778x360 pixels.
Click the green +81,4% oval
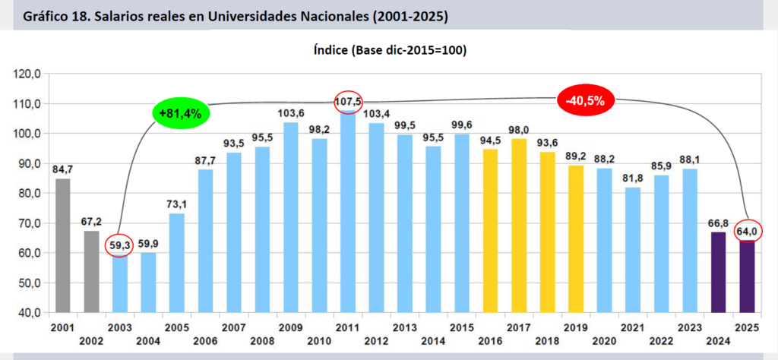(x=181, y=114)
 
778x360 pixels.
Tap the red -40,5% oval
(x=585, y=101)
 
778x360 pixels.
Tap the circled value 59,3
(x=119, y=247)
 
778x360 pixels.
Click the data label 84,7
(x=62, y=168)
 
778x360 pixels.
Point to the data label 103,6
(x=291, y=113)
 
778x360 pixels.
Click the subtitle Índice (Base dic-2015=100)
(x=389, y=51)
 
